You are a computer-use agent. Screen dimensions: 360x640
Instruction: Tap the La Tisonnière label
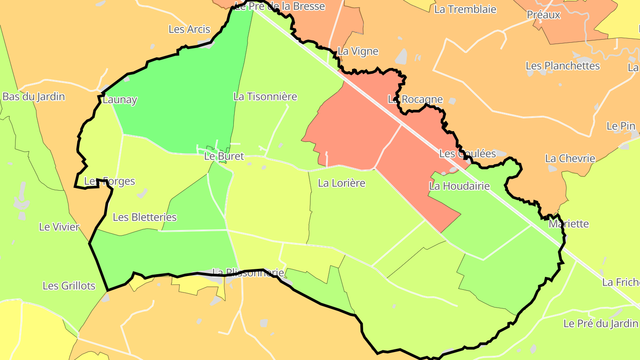pos(265,96)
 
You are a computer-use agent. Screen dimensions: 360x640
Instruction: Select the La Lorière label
pos(341,183)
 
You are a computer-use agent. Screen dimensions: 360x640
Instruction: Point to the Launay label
pos(120,100)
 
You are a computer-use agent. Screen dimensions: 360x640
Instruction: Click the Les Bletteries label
pos(144,217)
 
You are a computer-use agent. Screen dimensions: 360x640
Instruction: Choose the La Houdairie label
pos(459,186)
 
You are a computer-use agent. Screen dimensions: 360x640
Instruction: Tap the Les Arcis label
pos(189,29)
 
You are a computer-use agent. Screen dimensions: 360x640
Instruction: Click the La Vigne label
pos(358,51)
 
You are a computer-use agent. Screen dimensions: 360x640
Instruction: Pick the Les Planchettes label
pos(563,66)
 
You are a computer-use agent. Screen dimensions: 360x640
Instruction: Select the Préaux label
pos(544,15)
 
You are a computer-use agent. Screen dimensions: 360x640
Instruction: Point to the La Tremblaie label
pos(465,9)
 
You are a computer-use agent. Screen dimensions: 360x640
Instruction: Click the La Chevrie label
pos(570,158)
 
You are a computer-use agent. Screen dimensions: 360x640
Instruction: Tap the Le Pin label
pos(621,126)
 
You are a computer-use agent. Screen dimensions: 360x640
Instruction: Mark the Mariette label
pos(568,224)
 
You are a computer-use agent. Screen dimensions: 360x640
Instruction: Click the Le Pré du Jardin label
pos(600,324)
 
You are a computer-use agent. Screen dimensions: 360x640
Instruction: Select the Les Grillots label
pos(69,286)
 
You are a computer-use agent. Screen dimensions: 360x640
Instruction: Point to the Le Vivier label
pos(59,227)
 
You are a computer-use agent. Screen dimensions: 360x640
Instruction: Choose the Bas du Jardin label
pos(34,96)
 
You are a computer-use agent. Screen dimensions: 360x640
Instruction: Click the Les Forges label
pos(109,181)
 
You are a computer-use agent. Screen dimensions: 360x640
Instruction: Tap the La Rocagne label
pos(415,100)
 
